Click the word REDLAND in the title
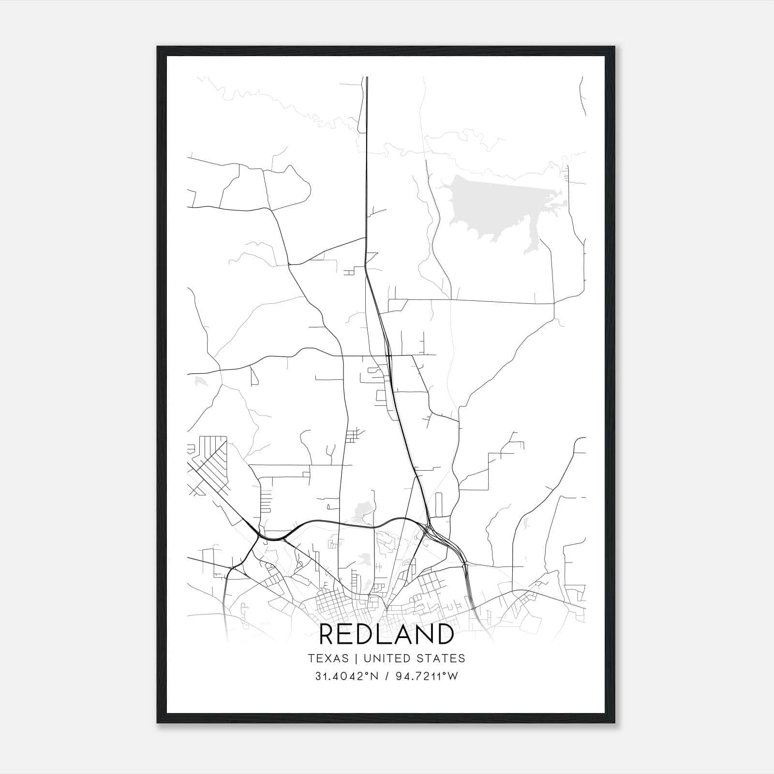pyautogui.click(x=387, y=634)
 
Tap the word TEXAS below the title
pyautogui.click(x=328, y=658)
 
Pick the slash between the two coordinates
pyautogui.click(x=387, y=676)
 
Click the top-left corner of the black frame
pyautogui.click(x=158, y=47)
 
